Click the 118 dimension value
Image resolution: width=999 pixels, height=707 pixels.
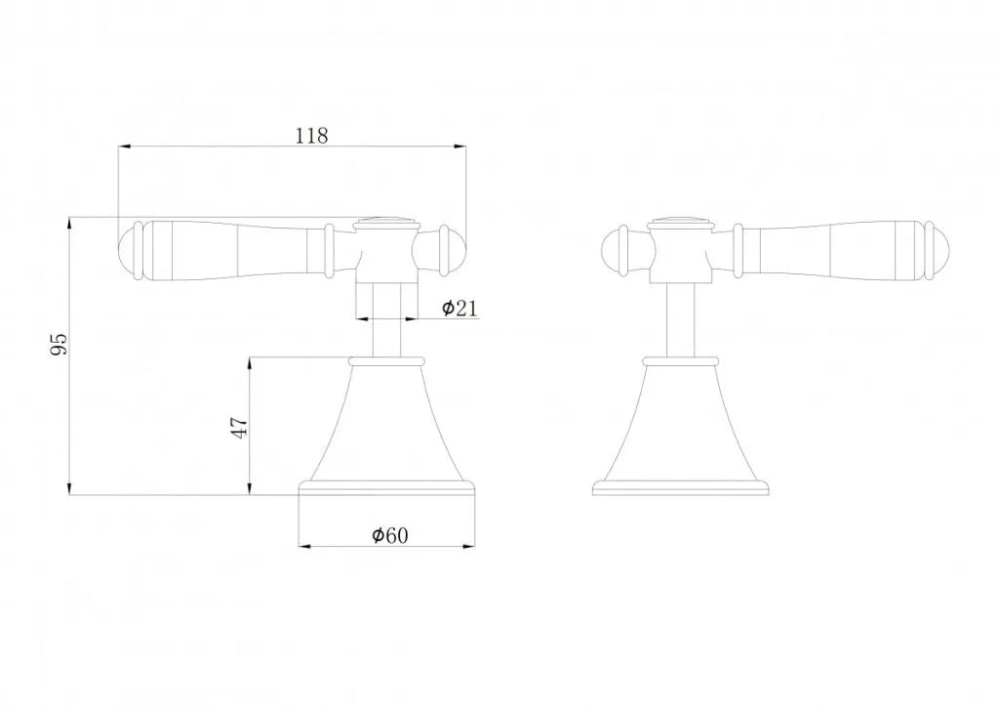point(311,136)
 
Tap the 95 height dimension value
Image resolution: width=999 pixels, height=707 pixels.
point(59,344)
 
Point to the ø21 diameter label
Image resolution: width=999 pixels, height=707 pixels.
point(459,309)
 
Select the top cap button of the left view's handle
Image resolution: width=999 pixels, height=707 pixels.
point(387,219)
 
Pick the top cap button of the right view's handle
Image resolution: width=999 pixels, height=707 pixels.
point(682,219)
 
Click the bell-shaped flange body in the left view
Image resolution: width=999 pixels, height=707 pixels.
point(388,425)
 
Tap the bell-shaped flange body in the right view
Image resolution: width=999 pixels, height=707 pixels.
point(682,425)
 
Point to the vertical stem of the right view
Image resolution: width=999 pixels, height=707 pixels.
point(682,317)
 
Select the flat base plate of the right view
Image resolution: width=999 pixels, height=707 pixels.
point(682,487)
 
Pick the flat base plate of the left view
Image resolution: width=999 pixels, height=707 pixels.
point(388,487)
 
